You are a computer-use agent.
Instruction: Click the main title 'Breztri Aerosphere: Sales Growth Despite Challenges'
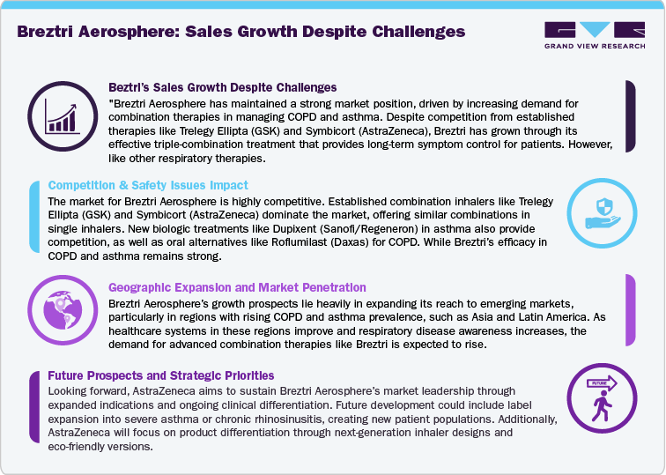(240, 33)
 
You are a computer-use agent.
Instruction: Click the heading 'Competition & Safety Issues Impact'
(148, 186)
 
